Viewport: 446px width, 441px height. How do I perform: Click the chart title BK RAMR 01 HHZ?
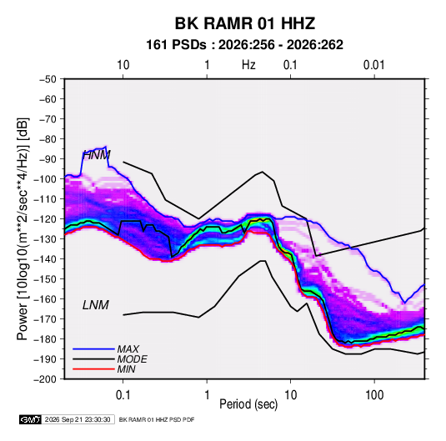(245, 23)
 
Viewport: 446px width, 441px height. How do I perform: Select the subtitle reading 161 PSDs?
(177, 45)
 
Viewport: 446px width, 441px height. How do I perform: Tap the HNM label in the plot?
(97, 155)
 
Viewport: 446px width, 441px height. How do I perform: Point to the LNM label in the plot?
(96, 305)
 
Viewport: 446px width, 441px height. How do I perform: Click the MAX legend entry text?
(128, 349)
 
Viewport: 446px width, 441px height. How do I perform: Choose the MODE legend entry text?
(132, 359)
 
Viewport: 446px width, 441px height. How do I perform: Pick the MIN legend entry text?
(126, 369)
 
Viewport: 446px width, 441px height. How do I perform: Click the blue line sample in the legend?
(93, 349)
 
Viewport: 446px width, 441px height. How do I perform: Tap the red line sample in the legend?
(93, 369)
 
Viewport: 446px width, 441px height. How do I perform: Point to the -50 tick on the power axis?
(48, 79)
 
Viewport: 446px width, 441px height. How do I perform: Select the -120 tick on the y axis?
(46, 219)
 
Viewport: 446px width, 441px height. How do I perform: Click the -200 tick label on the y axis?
(46, 379)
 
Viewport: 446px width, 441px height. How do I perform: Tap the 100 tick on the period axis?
(374, 395)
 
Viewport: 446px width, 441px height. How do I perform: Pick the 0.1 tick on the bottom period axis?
(123, 395)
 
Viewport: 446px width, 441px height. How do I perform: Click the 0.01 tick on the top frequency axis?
(373, 65)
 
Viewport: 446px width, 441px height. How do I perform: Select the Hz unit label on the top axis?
(248, 65)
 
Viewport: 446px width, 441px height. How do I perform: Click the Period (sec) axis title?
(248, 404)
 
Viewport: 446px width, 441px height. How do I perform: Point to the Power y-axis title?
(23, 228)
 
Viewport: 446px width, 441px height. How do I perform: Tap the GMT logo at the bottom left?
(30, 419)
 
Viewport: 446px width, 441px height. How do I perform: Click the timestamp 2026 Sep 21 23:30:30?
(78, 419)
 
